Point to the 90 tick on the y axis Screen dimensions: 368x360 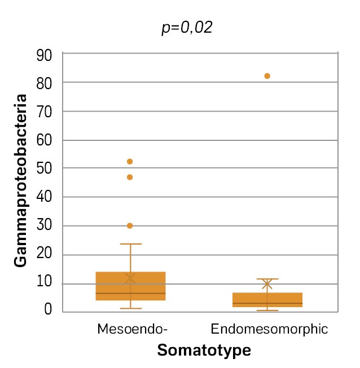click(x=45, y=55)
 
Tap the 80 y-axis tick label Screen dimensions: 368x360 click(x=45, y=83)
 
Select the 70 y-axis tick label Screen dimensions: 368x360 click(x=45, y=112)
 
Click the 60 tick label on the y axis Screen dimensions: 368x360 click(x=45, y=140)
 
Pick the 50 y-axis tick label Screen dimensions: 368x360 click(x=45, y=169)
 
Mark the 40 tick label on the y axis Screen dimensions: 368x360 click(x=45, y=197)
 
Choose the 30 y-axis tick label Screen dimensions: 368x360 click(x=45, y=226)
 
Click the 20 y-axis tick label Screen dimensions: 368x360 click(x=45, y=255)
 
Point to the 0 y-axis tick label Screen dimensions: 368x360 click(x=48, y=309)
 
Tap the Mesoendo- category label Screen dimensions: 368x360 click(x=133, y=329)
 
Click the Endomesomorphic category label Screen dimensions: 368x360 click(x=269, y=329)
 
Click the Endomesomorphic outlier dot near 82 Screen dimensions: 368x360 click(x=267, y=76)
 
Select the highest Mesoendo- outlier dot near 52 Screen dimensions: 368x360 click(x=130, y=162)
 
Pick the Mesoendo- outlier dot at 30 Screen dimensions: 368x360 click(x=130, y=225)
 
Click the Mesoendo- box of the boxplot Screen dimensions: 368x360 click(x=130, y=286)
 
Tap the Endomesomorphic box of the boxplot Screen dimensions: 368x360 click(x=267, y=299)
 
